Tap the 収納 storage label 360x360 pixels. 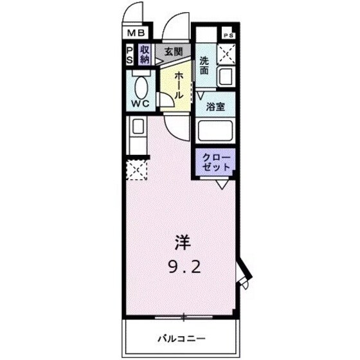(145, 55)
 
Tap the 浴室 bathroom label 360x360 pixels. (215, 107)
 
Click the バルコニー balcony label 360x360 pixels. (183, 337)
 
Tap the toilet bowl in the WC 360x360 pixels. (140, 82)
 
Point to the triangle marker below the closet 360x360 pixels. (222, 184)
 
